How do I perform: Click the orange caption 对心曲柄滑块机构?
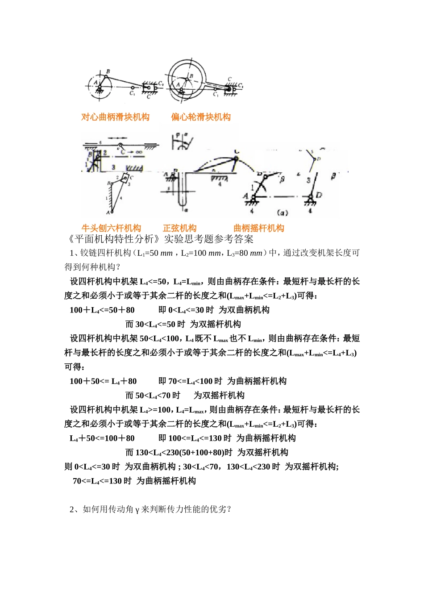pos(115,117)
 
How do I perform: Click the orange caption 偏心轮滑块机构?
pos(201,117)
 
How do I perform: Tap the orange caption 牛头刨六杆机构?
pos(111,228)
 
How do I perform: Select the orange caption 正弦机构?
pos(179,228)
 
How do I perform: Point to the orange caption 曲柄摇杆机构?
pos(259,228)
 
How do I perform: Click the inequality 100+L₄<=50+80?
pos(102,310)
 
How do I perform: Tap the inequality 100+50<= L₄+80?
pos(103,381)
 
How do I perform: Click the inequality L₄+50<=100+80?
pos(102,438)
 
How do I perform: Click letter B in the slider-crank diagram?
pos(108,71)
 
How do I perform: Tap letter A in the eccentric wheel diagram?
pos(178,83)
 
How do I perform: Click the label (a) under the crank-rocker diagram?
pos(283,212)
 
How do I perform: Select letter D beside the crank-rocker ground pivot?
pos(319,195)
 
